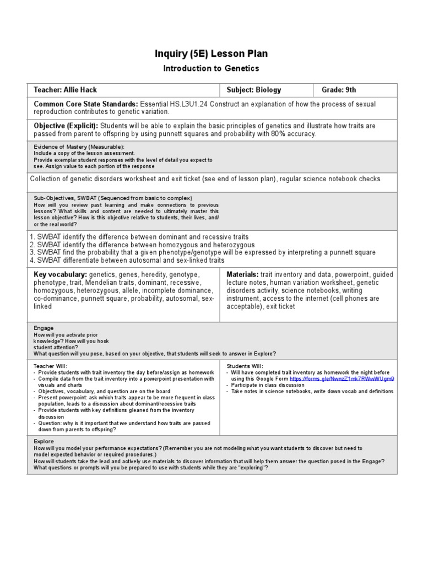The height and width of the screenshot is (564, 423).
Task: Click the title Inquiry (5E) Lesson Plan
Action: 212,53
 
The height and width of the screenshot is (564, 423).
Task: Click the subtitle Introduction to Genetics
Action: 211,68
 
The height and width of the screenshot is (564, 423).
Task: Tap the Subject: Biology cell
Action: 254,90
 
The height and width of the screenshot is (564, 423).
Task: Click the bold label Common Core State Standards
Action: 86,104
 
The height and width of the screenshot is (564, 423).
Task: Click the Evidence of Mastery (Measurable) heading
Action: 79,147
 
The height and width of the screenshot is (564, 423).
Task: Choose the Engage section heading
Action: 44,327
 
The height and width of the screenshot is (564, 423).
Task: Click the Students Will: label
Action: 245,366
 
